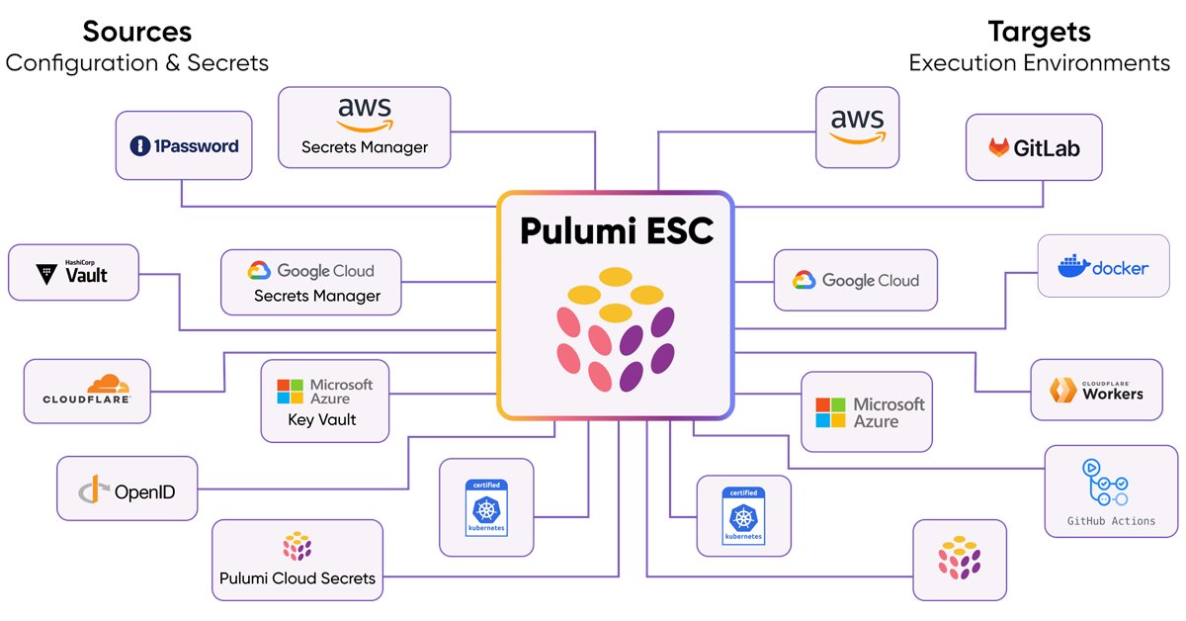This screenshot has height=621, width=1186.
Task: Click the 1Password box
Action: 184,145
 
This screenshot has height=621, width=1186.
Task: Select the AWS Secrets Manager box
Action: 364,127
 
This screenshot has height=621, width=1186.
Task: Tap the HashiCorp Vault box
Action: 74,272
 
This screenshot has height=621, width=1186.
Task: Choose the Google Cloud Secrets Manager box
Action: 311,282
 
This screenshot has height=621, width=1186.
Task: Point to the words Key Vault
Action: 322,420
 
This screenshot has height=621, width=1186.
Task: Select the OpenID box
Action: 127,488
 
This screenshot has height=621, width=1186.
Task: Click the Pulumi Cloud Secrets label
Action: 297,577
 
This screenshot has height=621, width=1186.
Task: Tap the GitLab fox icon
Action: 999,148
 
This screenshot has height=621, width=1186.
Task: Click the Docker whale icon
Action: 1072,266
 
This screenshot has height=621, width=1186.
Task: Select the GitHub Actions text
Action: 1111,521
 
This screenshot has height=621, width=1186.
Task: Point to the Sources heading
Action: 136,32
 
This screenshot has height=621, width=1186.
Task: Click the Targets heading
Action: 1039,32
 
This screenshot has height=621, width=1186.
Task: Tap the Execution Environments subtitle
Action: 1039,63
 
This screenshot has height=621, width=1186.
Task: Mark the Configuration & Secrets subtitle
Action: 136,63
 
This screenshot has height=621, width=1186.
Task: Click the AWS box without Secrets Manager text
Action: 857,127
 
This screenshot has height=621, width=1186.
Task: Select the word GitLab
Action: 1048,148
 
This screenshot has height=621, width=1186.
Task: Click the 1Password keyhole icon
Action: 138,146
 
